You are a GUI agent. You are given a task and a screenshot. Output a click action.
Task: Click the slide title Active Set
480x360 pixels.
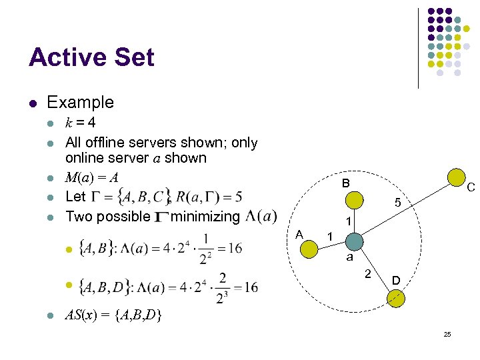[91, 57]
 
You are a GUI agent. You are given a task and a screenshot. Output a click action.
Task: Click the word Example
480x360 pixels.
[80, 103]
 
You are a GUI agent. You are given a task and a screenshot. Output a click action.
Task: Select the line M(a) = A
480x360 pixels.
[91, 177]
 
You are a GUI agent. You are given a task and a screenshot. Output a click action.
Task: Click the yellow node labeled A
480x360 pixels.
[309, 249]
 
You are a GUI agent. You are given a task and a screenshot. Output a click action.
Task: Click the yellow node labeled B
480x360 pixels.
[355, 200]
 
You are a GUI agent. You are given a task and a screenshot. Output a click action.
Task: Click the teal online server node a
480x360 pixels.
[355, 241]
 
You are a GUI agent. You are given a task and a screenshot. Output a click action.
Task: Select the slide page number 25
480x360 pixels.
[447, 333]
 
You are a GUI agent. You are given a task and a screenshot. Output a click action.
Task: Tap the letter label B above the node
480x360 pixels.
[345, 183]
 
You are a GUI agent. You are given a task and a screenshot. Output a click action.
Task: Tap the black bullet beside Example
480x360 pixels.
[33, 103]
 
